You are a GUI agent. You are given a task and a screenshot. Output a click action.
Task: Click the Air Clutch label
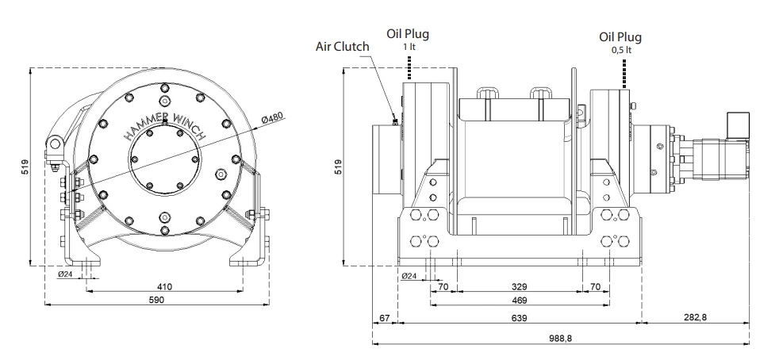pyautogui.click(x=343, y=46)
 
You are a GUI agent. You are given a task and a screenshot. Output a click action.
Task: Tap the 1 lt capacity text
pyautogui.click(x=409, y=47)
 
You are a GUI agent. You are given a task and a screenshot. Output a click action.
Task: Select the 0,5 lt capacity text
pyautogui.click(x=621, y=50)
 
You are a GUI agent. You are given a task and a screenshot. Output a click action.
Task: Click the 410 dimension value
pyautogui.click(x=164, y=286)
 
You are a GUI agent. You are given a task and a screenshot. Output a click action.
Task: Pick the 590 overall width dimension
pyautogui.click(x=156, y=300)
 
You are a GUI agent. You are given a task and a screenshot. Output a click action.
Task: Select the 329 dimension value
pyautogui.click(x=519, y=286)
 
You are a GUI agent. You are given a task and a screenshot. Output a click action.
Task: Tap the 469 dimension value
pyautogui.click(x=519, y=300)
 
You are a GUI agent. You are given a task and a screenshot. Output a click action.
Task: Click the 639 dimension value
pyautogui.click(x=519, y=318)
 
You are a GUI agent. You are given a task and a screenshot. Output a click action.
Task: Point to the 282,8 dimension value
pyautogui.click(x=695, y=317)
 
